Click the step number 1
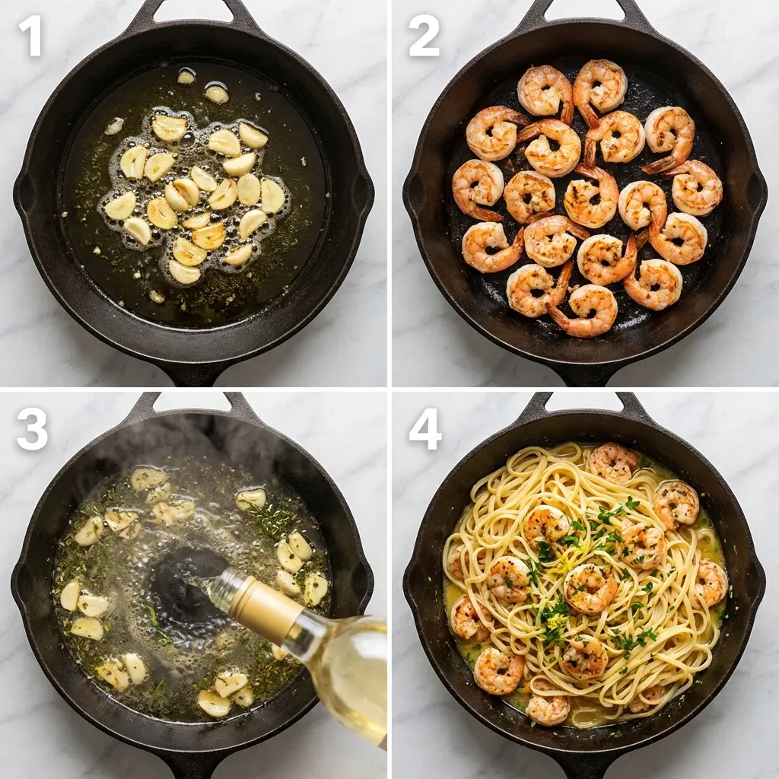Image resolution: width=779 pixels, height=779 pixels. point(30,35)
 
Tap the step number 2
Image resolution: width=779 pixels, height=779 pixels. point(423,35)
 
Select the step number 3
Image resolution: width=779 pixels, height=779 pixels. point(31,430)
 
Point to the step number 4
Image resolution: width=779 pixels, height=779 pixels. point(424,430)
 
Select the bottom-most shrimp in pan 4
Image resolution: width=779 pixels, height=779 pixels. point(548,709)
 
